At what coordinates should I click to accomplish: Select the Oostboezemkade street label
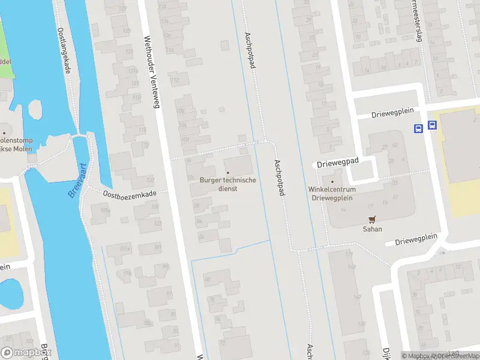click(x=129, y=194)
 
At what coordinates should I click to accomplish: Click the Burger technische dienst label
click(x=227, y=184)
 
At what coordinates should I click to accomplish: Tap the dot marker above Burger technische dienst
click(x=227, y=173)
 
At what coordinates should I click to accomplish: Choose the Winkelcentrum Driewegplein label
click(x=332, y=193)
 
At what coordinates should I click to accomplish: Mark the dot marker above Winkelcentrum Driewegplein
click(x=332, y=181)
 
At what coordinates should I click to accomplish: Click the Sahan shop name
click(x=372, y=229)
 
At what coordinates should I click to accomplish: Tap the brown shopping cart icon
click(x=372, y=220)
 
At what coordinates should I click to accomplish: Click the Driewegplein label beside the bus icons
click(x=388, y=114)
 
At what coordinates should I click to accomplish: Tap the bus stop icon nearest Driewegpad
click(x=418, y=127)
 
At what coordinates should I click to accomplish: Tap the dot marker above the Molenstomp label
click(x=4, y=133)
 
